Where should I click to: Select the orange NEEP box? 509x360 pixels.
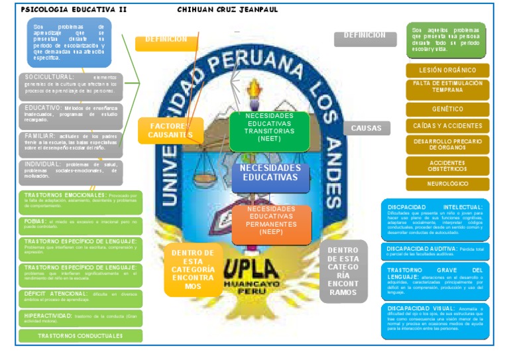[x=272, y=224]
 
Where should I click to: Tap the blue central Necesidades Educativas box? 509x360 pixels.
[x=270, y=174]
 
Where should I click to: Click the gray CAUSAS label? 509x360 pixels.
[x=367, y=128]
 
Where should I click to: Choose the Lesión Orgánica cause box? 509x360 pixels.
[x=447, y=70]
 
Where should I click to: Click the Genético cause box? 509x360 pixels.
[x=447, y=109]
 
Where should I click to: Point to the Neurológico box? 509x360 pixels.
[x=447, y=184]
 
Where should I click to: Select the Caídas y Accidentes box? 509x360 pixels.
[x=447, y=126]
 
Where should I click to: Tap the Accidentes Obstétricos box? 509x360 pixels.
[x=447, y=166]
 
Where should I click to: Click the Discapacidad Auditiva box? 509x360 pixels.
[x=435, y=249]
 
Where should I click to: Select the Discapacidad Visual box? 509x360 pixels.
[x=435, y=318]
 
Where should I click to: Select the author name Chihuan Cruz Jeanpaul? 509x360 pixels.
[x=227, y=10]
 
